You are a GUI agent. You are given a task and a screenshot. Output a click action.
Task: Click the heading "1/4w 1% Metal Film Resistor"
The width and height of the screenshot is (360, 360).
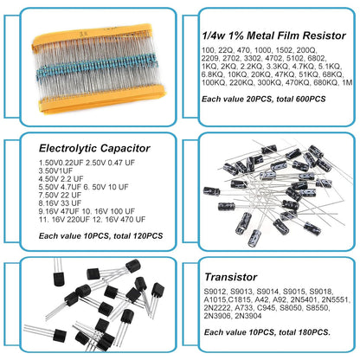click(x=273, y=35)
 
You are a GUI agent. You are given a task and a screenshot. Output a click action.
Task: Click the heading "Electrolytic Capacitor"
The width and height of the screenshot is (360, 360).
click(x=94, y=148)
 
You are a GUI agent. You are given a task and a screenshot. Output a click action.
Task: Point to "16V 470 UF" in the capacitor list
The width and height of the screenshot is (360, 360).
click(x=125, y=220)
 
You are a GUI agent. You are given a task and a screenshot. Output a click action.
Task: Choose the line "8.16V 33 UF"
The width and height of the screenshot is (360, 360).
click(x=60, y=203)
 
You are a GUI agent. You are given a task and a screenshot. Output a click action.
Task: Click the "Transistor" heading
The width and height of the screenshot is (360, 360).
click(x=230, y=277)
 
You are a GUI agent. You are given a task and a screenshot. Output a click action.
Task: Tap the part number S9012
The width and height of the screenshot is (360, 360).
click(x=215, y=292)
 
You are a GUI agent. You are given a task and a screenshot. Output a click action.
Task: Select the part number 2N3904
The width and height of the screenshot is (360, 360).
click(x=248, y=316)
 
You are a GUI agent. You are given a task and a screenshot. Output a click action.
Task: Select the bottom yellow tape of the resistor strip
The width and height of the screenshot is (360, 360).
click(x=102, y=98)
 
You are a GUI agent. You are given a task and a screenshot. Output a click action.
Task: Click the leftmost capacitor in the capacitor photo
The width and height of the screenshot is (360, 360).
click(x=211, y=191)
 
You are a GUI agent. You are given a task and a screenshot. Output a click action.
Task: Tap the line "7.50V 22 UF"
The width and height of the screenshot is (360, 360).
click(x=60, y=195)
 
